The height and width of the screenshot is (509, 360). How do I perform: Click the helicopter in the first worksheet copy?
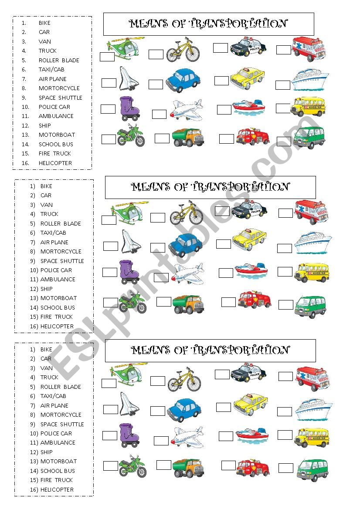click(x=126, y=48)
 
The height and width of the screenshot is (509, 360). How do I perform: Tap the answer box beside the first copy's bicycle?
click(x=156, y=54)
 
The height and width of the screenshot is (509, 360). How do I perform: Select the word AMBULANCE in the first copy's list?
click(x=56, y=116)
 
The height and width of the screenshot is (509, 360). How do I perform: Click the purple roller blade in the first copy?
click(x=129, y=108)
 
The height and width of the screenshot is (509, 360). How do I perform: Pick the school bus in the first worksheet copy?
click(x=308, y=107)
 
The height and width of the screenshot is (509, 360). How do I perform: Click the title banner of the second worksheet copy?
click(x=211, y=187)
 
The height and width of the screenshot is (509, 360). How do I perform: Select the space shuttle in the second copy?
click(x=131, y=242)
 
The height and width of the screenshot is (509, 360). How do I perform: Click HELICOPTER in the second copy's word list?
click(x=57, y=327)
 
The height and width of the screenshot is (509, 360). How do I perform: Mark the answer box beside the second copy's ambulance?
click(x=285, y=213)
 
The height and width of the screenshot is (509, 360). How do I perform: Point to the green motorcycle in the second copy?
click(x=132, y=302)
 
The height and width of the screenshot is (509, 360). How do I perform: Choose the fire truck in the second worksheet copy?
click(x=255, y=299)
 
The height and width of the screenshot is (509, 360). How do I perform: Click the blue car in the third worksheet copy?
click(x=184, y=411)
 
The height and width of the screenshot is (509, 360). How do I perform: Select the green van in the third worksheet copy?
click(x=312, y=470)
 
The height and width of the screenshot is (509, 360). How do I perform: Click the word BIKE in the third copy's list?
click(x=46, y=350)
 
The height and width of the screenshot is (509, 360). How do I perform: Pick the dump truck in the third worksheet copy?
click(x=188, y=468)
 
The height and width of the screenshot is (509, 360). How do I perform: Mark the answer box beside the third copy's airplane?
click(x=161, y=441)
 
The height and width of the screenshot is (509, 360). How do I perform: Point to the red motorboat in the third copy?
click(x=252, y=435)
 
